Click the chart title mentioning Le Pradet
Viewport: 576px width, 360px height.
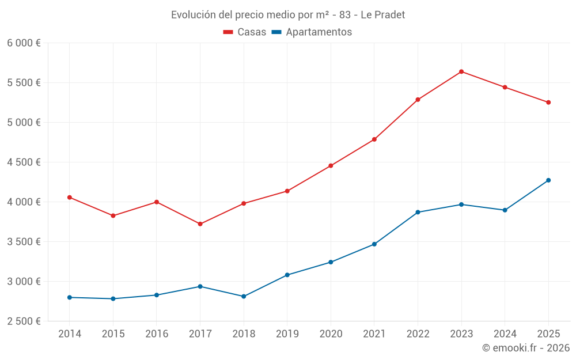(288, 14)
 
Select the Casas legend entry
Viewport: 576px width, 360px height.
(245, 32)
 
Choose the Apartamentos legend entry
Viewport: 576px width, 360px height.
(312, 32)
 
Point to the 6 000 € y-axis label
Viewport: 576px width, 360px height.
(24, 43)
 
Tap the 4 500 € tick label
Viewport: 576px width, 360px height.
(24, 162)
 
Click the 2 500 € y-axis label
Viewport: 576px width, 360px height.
(24, 321)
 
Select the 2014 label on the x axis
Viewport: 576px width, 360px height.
(70, 334)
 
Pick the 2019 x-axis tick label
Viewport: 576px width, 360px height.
(287, 334)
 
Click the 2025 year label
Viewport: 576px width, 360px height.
(548, 334)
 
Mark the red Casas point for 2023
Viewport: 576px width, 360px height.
(461, 71)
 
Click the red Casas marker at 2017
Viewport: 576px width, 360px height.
(200, 224)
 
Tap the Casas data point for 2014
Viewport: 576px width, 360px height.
(70, 198)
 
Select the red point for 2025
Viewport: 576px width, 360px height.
(548, 103)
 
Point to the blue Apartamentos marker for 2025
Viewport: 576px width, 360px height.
(548, 180)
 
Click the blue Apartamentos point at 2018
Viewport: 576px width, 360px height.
(244, 297)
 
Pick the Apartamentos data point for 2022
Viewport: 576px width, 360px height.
(418, 213)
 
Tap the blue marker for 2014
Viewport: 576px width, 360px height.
(70, 297)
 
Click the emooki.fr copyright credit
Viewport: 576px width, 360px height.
(525, 348)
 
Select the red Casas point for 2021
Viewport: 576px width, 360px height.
(374, 139)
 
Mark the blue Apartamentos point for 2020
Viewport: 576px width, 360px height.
(331, 262)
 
